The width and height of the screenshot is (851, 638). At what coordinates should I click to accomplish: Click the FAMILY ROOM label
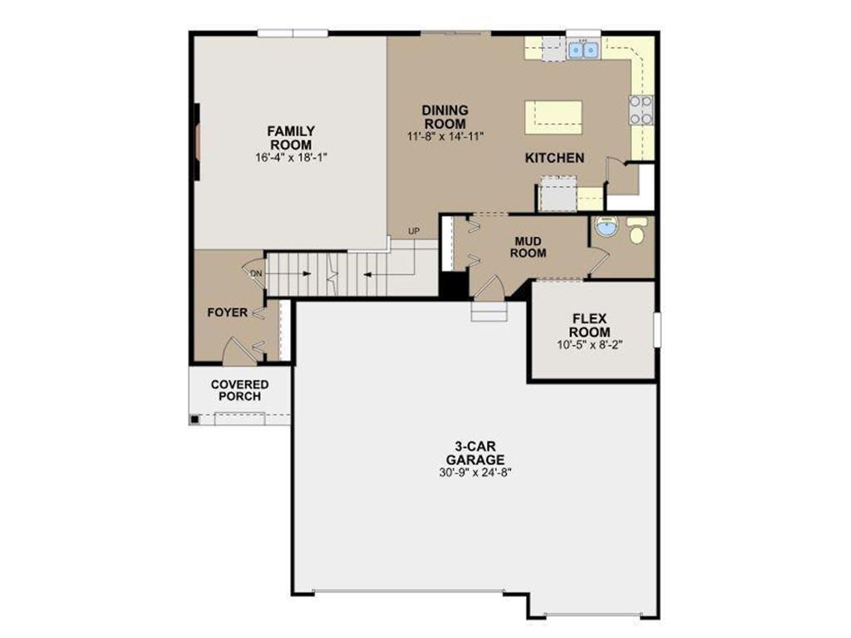click(290, 138)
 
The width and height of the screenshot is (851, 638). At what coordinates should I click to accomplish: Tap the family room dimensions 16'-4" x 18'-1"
click(290, 157)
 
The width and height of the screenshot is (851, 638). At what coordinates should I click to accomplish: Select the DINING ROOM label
click(445, 117)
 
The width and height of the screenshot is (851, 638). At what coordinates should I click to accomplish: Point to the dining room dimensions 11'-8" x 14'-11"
click(445, 136)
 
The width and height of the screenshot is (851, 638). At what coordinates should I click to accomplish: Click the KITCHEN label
click(554, 158)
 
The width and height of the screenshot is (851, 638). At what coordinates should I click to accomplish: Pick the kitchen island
click(553, 117)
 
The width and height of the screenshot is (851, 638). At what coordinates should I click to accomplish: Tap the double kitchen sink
click(583, 50)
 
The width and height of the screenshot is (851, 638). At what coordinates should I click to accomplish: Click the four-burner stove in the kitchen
click(641, 110)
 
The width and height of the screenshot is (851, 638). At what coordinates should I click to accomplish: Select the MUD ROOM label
click(529, 247)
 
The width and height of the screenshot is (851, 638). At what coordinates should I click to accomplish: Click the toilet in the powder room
click(637, 232)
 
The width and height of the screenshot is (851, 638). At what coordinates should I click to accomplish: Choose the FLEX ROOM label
click(591, 325)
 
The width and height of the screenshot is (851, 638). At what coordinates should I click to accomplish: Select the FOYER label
click(227, 313)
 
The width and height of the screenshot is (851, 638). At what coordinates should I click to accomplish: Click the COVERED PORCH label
click(239, 390)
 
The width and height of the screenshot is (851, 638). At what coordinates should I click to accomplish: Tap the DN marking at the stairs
click(256, 272)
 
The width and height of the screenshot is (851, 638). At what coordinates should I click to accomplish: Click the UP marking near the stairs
click(413, 230)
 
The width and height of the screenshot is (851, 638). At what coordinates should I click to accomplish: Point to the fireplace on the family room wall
click(197, 140)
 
